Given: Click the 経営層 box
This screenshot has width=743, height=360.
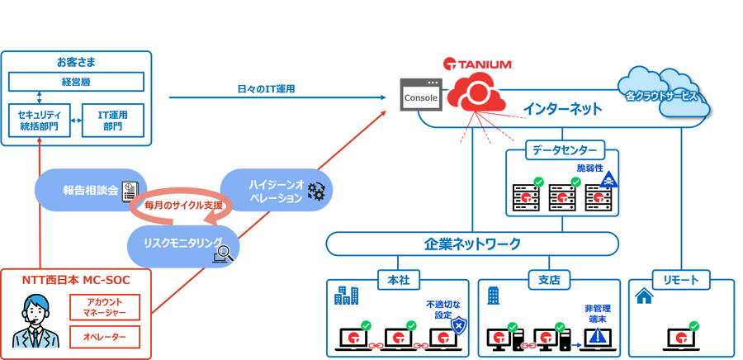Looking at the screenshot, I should (x=77, y=83).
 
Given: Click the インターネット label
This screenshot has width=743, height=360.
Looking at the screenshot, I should (x=562, y=109).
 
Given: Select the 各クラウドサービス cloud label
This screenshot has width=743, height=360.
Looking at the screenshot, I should (x=660, y=96).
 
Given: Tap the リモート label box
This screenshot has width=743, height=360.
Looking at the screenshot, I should (x=680, y=280).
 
